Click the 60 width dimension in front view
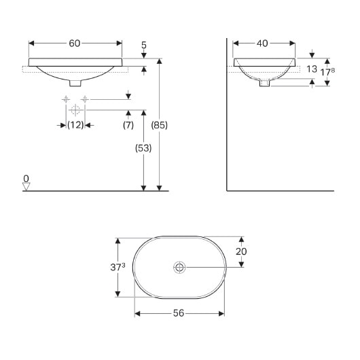click(75, 43)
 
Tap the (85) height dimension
click(159, 125)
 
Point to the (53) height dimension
click(143, 148)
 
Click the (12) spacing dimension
click(75, 125)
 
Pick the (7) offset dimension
click(128, 125)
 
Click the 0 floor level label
click(26, 179)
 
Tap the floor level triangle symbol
click(26, 187)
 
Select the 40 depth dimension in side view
click(263, 43)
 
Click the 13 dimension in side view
click(312, 69)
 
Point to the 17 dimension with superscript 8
click(329, 69)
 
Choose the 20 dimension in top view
click(241, 251)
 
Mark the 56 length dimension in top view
click(179, 313)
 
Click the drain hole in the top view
click(179, 266)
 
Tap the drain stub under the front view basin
click(75, 83)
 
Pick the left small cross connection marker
click(66, 100)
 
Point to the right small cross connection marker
click(84, 100)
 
